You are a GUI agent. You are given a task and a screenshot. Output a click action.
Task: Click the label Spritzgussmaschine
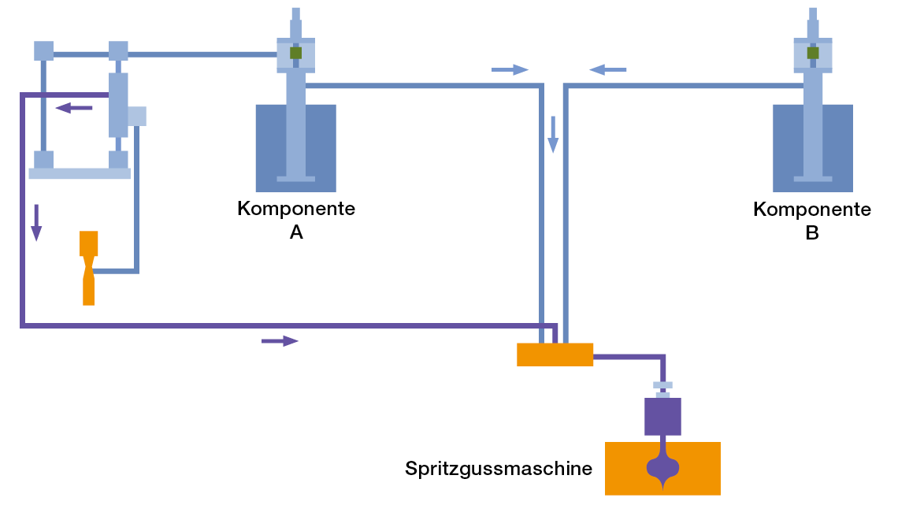[x=498, y=469]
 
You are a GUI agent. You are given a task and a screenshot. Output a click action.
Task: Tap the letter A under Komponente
[x=296, y=233]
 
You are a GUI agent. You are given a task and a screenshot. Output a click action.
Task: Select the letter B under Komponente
[x=812, y=233]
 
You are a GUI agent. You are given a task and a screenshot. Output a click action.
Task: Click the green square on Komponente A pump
[x=296, y=53]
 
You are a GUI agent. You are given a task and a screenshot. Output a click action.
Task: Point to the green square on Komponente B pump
[x=813, y=53]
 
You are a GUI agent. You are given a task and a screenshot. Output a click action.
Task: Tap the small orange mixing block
[x=555, y=355]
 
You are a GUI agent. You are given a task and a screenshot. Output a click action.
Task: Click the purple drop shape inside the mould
[x=662, y=468]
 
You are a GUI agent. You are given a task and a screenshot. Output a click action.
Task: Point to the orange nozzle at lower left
[x=88, y=268]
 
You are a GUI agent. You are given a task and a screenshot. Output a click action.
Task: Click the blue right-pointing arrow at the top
[x=510, y=69]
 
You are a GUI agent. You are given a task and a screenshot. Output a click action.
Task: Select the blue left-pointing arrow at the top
[x=608, y=69]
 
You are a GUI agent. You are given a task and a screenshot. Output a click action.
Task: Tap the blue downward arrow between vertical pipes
[x=553, y=134]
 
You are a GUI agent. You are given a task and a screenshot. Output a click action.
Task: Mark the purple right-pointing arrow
[x=280, y=340]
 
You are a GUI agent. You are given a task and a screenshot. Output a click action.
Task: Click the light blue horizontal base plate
[x=80, y=173]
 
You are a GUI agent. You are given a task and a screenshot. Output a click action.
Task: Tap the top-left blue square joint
[x=44, y=50]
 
